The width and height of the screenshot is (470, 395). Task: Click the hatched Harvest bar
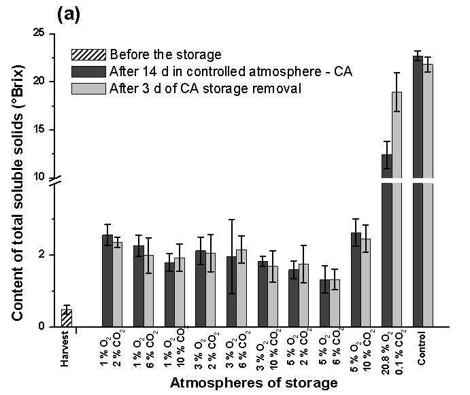[x=66, y=318]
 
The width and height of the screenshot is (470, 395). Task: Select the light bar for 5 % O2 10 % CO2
[x=366, y=282]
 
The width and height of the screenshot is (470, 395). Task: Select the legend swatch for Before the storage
[x=88, y=54]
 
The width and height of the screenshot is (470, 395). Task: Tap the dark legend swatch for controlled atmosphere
[x=88, y=71]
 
